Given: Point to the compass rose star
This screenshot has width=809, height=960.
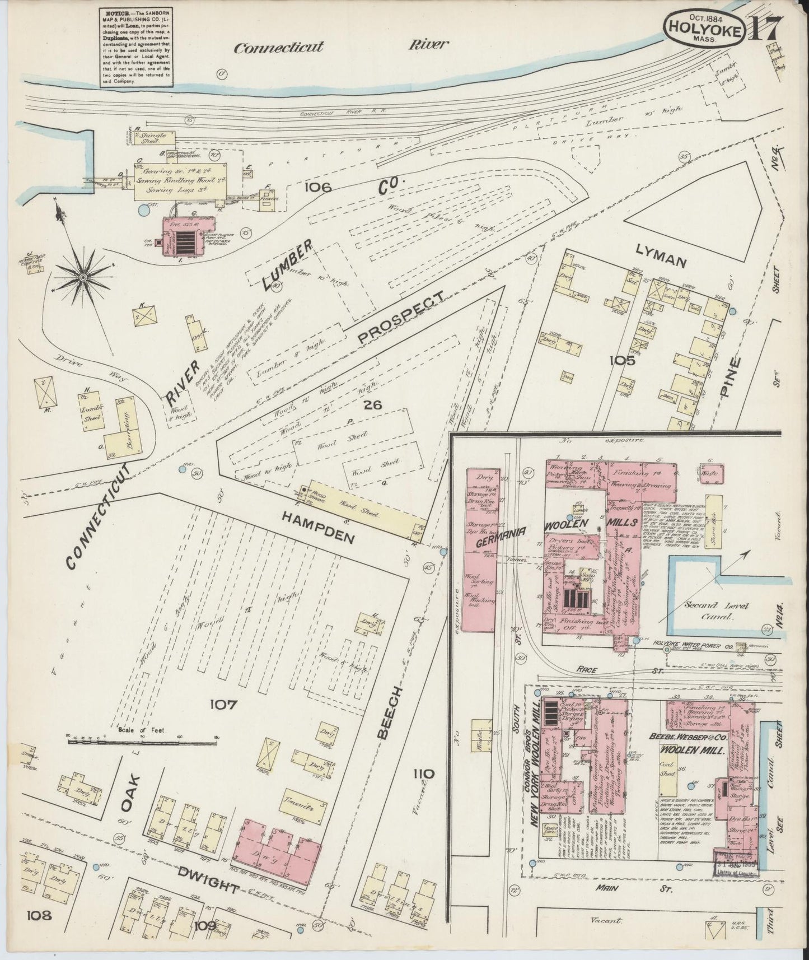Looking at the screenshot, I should pyautogui.click(x=83, y=276).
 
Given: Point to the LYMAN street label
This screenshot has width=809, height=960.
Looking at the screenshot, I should pyautogui.click(x=653, y=260).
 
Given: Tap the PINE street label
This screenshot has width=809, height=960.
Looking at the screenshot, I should pyautogui.click(x=729, y=377).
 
